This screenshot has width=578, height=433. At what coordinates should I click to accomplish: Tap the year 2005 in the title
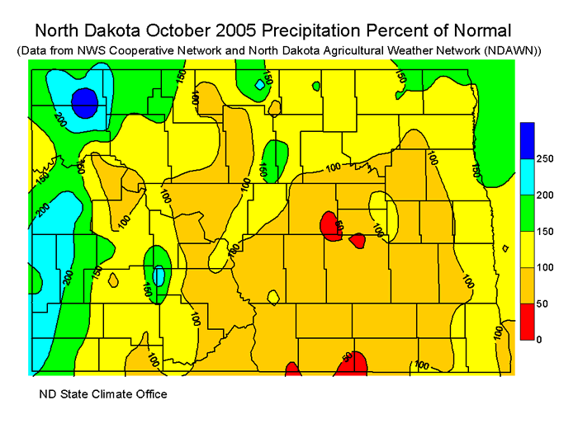point(237,31)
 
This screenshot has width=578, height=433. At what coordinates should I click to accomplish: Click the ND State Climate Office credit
point(103,394)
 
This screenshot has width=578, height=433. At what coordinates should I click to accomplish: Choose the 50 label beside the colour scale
point(541,304)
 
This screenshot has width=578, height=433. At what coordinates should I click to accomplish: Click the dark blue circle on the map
point(84,103)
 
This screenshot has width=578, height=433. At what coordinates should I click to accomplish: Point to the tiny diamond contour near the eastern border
point(505,247)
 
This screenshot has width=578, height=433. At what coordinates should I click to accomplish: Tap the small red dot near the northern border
point(316,85)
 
